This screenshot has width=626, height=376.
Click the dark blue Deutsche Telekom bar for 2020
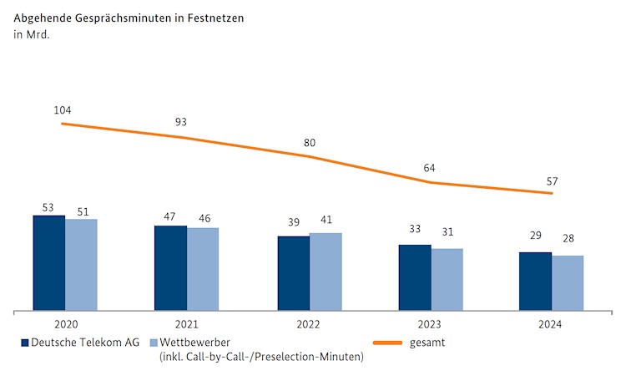pyautogui.click(x=49, y=263)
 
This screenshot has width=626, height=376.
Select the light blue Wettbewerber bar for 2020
pyautogui.click(x=82, y=265)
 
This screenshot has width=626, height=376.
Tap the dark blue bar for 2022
pyautogui.click(x=294, y=273)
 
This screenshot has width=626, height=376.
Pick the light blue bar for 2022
pyautogui.click(x=326, y=272)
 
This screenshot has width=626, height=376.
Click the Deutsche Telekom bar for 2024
pyautogui.click(x=535, y=282)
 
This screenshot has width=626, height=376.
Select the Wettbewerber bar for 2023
pyautogui.click(x=447, y=280)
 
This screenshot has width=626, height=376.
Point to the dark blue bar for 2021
pyautogui.click(x=170, y=268)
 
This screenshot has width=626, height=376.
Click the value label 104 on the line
pyautogui.click(x=63, y=109)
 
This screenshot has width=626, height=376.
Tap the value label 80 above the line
pyautogui.click(x=310, y=143)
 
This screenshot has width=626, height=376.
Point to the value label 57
pyautogui.click(x=552, y=181)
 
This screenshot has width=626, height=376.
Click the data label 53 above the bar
pyautogui.click(x=48, y=206)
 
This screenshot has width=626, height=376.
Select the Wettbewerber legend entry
pyautogui.click(x=194, y=343)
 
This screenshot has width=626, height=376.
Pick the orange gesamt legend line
pyautogui.click(x=389, y=343)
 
